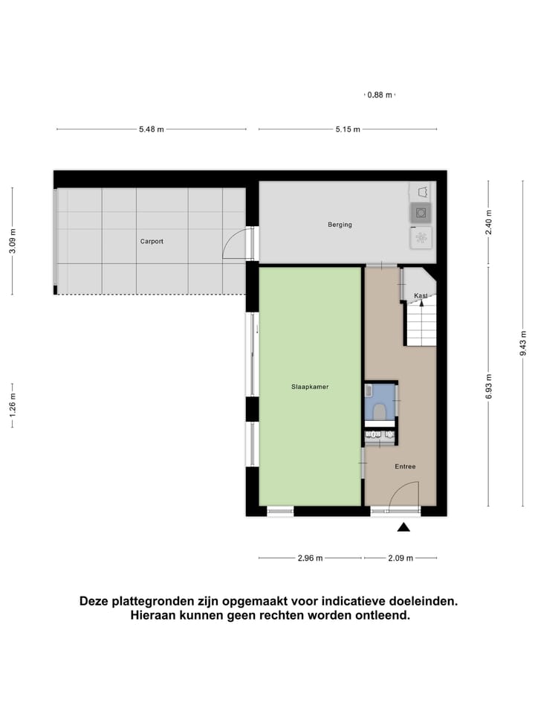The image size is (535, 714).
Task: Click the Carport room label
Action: [152, 241]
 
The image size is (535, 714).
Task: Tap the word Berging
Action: [340, 225]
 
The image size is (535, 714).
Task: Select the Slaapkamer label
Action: [310, 387]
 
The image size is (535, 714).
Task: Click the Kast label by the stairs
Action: [421, 296]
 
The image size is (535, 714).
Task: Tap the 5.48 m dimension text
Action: [152, 129]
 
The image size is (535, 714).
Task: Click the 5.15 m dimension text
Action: [348, 129]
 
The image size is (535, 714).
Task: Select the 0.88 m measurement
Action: [380, 95]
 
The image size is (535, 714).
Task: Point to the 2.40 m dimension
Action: [488, 222]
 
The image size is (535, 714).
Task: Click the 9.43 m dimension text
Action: [523, 343]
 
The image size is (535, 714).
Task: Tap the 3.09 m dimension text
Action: [12, 241]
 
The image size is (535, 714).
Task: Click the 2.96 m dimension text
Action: [311, 558]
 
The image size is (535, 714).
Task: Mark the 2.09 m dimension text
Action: [400, 558]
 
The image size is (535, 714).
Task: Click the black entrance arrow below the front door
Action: [403, 527]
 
